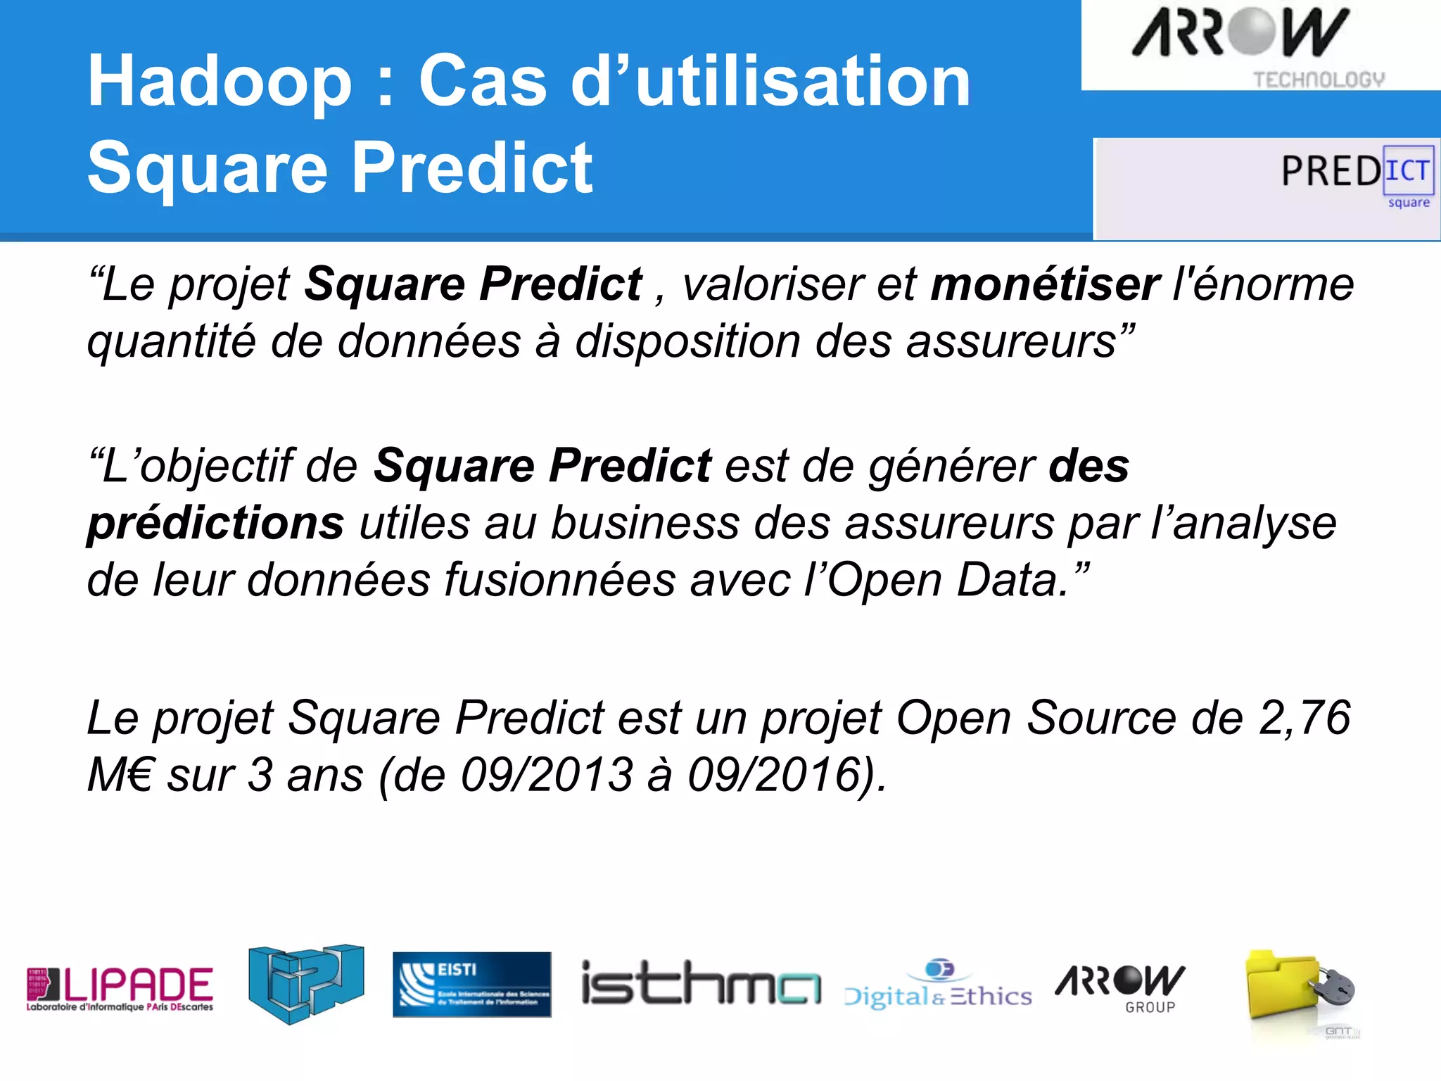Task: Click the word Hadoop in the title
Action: [x=219, y=83]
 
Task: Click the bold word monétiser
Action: [x=1045, y=285]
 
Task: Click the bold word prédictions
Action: [x=215, y=524]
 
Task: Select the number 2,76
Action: [x=1304, y=719]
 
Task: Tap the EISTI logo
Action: [x=471, y=985]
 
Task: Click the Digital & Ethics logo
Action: [x=938, y=985]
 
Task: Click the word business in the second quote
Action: [x=645, y=524]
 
